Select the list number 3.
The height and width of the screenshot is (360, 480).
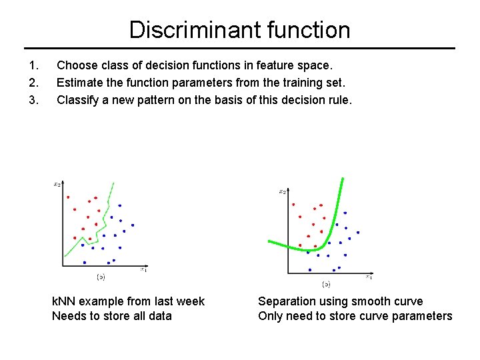coord(34,101)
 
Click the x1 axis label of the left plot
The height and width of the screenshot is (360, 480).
coord(143,269)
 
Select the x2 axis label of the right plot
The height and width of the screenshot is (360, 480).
coord(283,192)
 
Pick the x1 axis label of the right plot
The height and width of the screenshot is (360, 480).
coord(369,276)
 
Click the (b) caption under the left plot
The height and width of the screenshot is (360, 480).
coord(101,276)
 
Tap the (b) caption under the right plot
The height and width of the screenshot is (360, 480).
coord(326,283)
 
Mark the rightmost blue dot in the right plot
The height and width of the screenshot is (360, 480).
coord(358,233)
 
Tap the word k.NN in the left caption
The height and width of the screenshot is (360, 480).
coord(64,301)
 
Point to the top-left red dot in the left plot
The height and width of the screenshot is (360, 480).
coord(67,197)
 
